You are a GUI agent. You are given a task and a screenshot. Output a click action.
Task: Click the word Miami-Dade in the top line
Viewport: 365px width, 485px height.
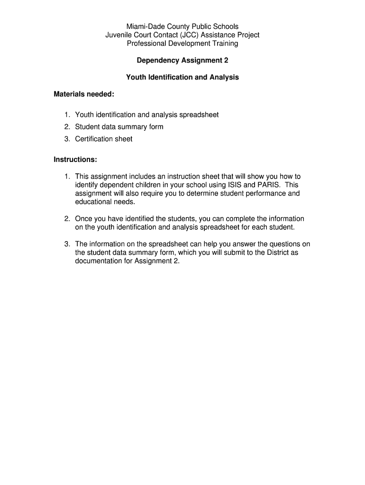point(144,27)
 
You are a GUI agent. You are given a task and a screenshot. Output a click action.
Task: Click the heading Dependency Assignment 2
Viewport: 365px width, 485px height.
point(182,61)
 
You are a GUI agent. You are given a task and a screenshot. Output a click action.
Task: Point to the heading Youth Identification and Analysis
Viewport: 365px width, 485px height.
point(182,77)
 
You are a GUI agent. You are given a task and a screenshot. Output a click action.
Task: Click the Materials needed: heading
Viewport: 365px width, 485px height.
point(84,94)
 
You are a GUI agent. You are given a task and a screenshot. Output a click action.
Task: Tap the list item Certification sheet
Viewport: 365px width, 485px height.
point(104,139)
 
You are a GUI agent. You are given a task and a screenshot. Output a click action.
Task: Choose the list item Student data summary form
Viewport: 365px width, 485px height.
point(119,127)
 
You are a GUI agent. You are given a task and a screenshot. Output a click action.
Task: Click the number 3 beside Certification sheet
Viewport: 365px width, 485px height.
point(67,139)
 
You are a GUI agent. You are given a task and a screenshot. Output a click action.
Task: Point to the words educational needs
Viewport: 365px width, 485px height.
point(105,202)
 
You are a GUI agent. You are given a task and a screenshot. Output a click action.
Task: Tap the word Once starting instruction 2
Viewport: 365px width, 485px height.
point(83,219)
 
